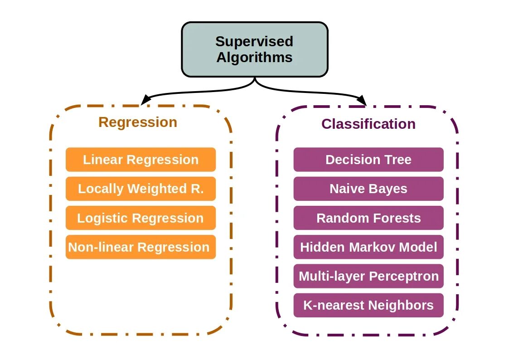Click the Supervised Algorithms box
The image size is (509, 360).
click(x=254, y=49)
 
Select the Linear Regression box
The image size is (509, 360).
click(x=141, y=160)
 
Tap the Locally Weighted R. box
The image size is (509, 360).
click(x=141, y=189)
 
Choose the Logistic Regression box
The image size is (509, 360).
click(x=141, y=218)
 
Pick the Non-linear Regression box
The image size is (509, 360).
click(x=141, y=247)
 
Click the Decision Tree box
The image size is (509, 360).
click(x=368, y=160)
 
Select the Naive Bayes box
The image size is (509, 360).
click(x=368, y=189)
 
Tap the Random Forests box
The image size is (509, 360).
click(x=368, y=218)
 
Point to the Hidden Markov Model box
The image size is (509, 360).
click(x=368, y=247)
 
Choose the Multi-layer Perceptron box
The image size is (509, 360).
click(x=368, y=276)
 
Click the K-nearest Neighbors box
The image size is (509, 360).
click(x=368, y=305)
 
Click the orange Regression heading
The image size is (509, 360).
click(x=138, y=122)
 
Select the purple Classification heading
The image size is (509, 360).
click(x=368, y=124)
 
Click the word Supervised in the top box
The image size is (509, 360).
click(x=254, y=41)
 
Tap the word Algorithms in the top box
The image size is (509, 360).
click(x=254, y=58)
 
